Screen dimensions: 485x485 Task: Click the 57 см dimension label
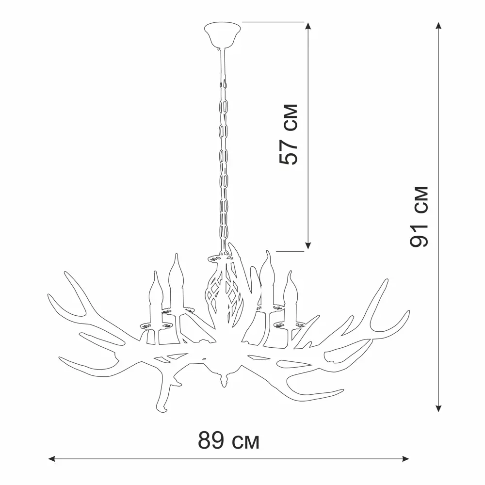(x=288, y=134)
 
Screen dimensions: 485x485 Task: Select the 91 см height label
(x=419, y=217)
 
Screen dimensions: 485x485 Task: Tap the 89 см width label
(x=228, y=440)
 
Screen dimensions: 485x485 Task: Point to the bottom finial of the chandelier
(x=224, y=380)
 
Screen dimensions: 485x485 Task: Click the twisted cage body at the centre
(x=224, y=297)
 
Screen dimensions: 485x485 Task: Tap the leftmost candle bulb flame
(x=156, y=290)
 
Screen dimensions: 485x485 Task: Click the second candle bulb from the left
(x=177, y=272)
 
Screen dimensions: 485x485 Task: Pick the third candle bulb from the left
(x=267, y=269)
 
